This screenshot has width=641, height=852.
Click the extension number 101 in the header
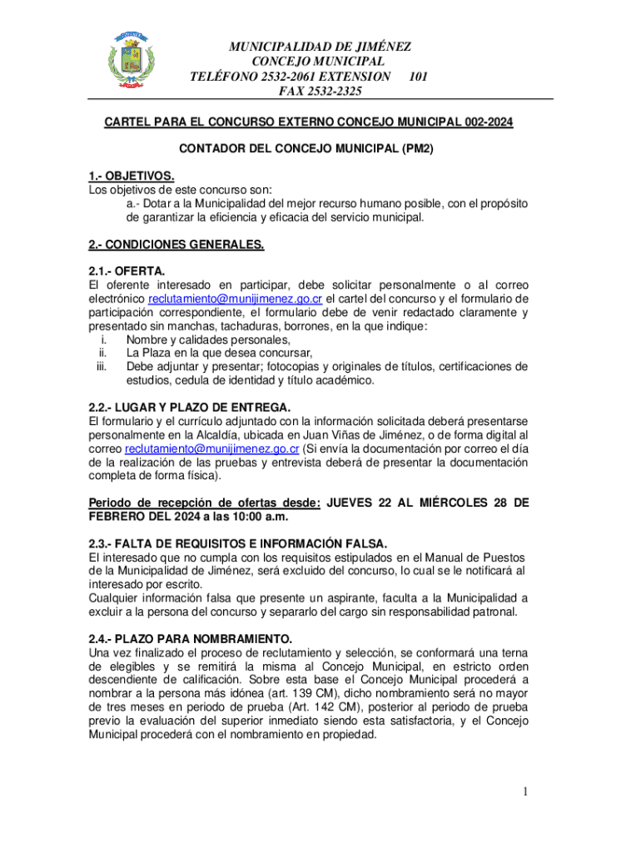[x=419, y=77]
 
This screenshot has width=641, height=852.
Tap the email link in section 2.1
[x=235, y=299]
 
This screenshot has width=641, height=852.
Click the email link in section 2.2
[x=211, y=449]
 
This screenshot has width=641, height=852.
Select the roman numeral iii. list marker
[x=102, y=367]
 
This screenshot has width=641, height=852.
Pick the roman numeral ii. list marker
[x=104, y=353]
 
